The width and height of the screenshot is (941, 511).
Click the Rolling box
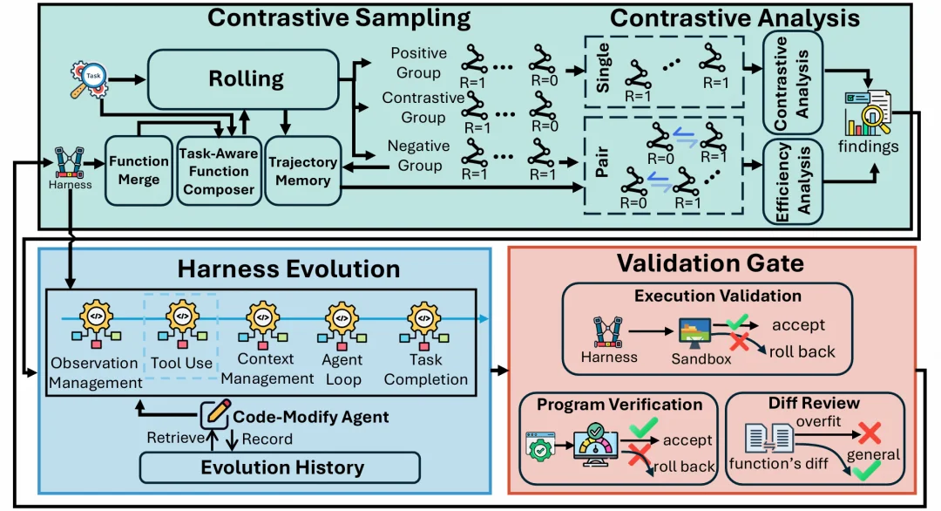click(244, 79)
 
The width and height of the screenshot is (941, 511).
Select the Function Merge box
click(139, 171)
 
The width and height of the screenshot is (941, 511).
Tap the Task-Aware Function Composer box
click(219, 171)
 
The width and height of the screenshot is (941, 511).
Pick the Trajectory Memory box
click(303, 171)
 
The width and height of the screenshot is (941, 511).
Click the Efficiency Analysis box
click(792, 182)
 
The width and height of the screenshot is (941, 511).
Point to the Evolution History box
click(280, 467)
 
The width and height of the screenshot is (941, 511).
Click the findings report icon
click(868, 112)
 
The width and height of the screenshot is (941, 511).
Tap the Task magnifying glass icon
click(89, 79)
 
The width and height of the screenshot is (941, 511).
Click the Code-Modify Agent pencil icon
click(215, 413)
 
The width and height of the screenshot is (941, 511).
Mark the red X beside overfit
click(870, 433)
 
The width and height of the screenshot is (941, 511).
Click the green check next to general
click(866, 470)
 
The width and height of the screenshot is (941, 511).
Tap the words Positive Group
click(419, 63)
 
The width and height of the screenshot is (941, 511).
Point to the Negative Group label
click(419, 155)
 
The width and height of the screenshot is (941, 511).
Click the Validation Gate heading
click(711, 263)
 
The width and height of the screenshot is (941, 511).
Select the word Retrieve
click(175, 438)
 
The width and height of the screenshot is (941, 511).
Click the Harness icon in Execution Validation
click(608, 332)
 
